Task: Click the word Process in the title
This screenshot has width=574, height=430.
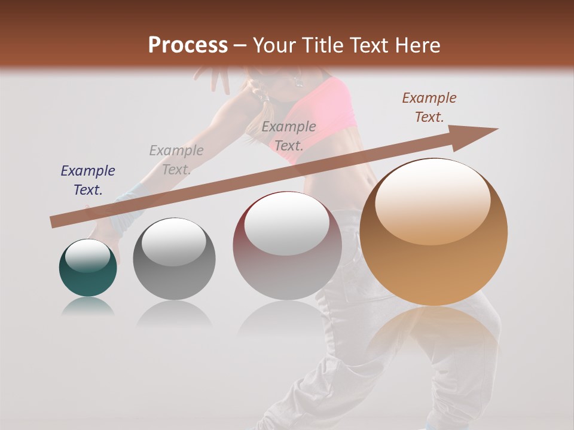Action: pyautogui.click(x=188, y=45)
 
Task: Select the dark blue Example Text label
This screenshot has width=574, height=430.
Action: pyautogui.click(x=88, y=180)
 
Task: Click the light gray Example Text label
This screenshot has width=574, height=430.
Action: pyautogui.click(x=176, y=160)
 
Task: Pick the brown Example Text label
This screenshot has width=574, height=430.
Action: pyautogui.click(x=429, y=107)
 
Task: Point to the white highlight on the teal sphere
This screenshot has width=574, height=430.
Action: pyautogui.click(x=88, y=256)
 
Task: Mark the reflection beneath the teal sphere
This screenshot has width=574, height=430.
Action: pyautogui.click(x=88, y=306)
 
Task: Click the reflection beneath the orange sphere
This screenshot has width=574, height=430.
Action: pyautogui.click(x=433, y=328)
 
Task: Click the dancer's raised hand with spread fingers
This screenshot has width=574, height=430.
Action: pyautogui.click(x=214, y=76)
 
